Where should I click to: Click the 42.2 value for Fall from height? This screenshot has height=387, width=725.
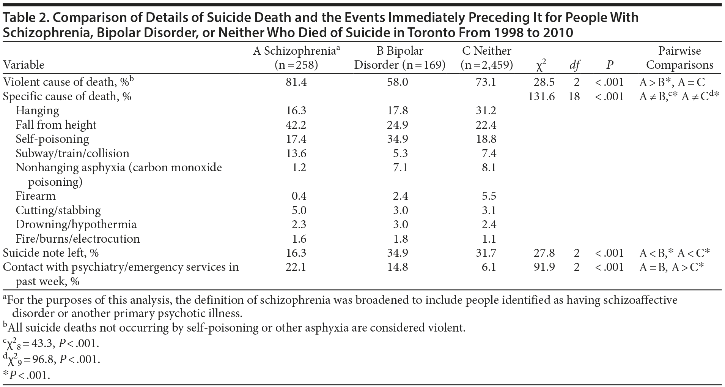[x=296, y=125]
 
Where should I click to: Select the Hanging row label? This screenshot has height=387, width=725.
[x=37, y=111]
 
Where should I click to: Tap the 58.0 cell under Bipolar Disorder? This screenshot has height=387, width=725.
[x=398, y=82]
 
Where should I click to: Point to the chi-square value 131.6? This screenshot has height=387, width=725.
[x=541, y=96]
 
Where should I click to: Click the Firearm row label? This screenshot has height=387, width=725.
[x=36, y=196]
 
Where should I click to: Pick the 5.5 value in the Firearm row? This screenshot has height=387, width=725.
[x=489, y=196]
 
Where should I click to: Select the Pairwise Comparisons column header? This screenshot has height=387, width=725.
[x=679, y=58]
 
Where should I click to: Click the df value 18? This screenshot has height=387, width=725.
[x=574, y=96]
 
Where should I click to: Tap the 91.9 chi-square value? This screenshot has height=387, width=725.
[x=544, y=267]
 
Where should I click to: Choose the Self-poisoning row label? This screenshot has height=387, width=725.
[x=52, y=139]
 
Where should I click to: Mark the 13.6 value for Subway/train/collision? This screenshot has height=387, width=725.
[x=296, y=153]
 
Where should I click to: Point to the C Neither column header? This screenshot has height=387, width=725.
[x=487, y=51]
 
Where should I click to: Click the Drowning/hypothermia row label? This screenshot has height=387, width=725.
[x=76, y=224]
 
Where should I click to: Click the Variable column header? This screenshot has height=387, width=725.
[x=24, y=65]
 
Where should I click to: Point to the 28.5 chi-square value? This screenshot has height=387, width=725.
[x=544, y=82]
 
